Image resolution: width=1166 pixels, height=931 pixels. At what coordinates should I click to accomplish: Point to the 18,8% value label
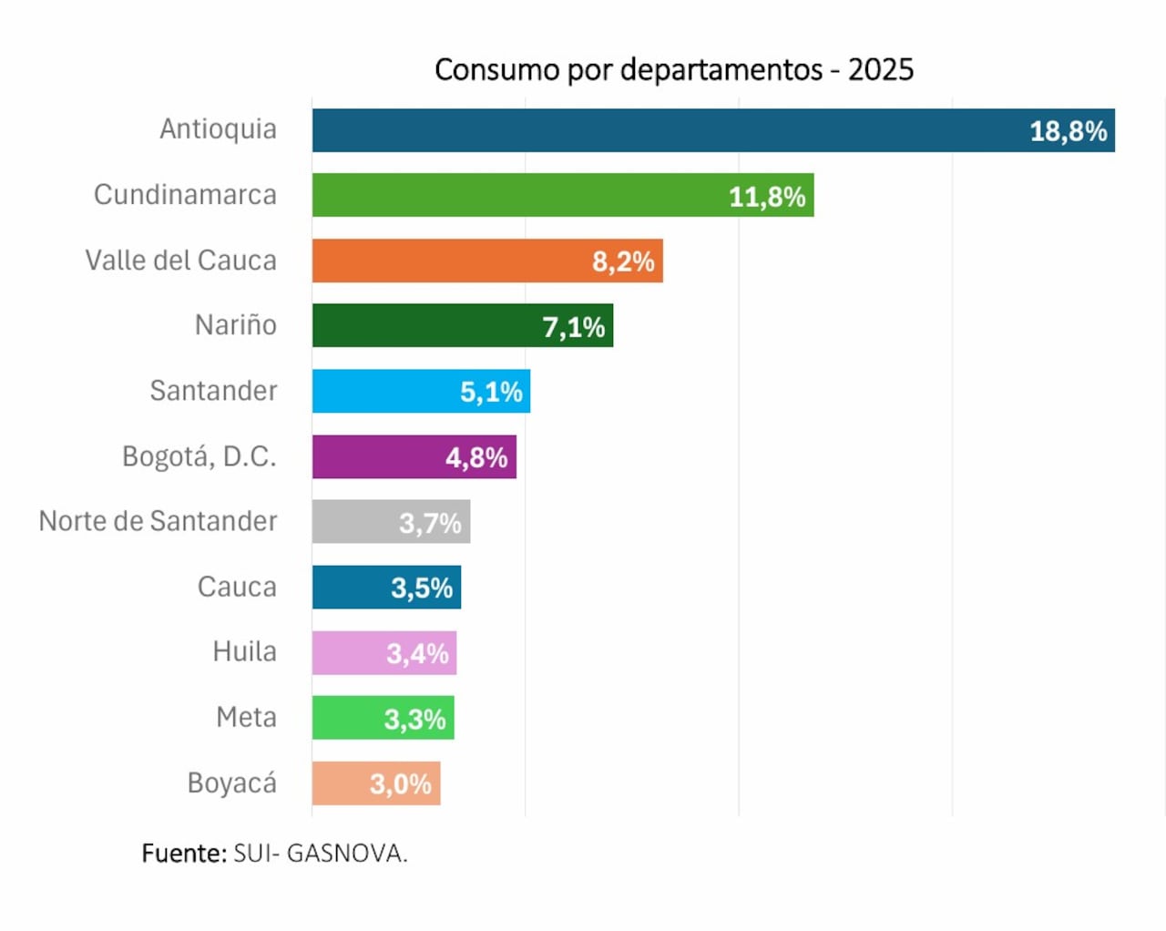click(1068, 131)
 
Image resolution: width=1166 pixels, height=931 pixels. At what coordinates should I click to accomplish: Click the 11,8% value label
click(766, 197)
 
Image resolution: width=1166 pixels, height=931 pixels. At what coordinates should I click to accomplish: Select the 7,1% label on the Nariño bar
click(573, 327)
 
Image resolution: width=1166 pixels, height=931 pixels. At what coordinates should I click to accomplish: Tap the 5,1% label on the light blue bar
click(490, 393)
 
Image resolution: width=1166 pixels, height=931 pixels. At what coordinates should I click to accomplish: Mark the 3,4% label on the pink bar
click(417, 654)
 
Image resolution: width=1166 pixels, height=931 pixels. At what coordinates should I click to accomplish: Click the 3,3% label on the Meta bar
click(414, 720)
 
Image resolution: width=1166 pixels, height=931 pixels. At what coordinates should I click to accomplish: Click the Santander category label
click(213, 391)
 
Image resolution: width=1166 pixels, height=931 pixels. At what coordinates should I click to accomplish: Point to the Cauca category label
click(237, 587)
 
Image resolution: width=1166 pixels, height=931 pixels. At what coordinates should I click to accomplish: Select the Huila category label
click(244, 651)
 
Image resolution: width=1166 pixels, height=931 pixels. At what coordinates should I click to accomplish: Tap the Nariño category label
click(235, 325)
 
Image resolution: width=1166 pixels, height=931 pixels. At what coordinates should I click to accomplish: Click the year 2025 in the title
click(880, 70)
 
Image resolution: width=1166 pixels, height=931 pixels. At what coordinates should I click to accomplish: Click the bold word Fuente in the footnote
click(182, 854)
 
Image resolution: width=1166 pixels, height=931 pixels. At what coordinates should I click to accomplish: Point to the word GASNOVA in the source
click(346, 854)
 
